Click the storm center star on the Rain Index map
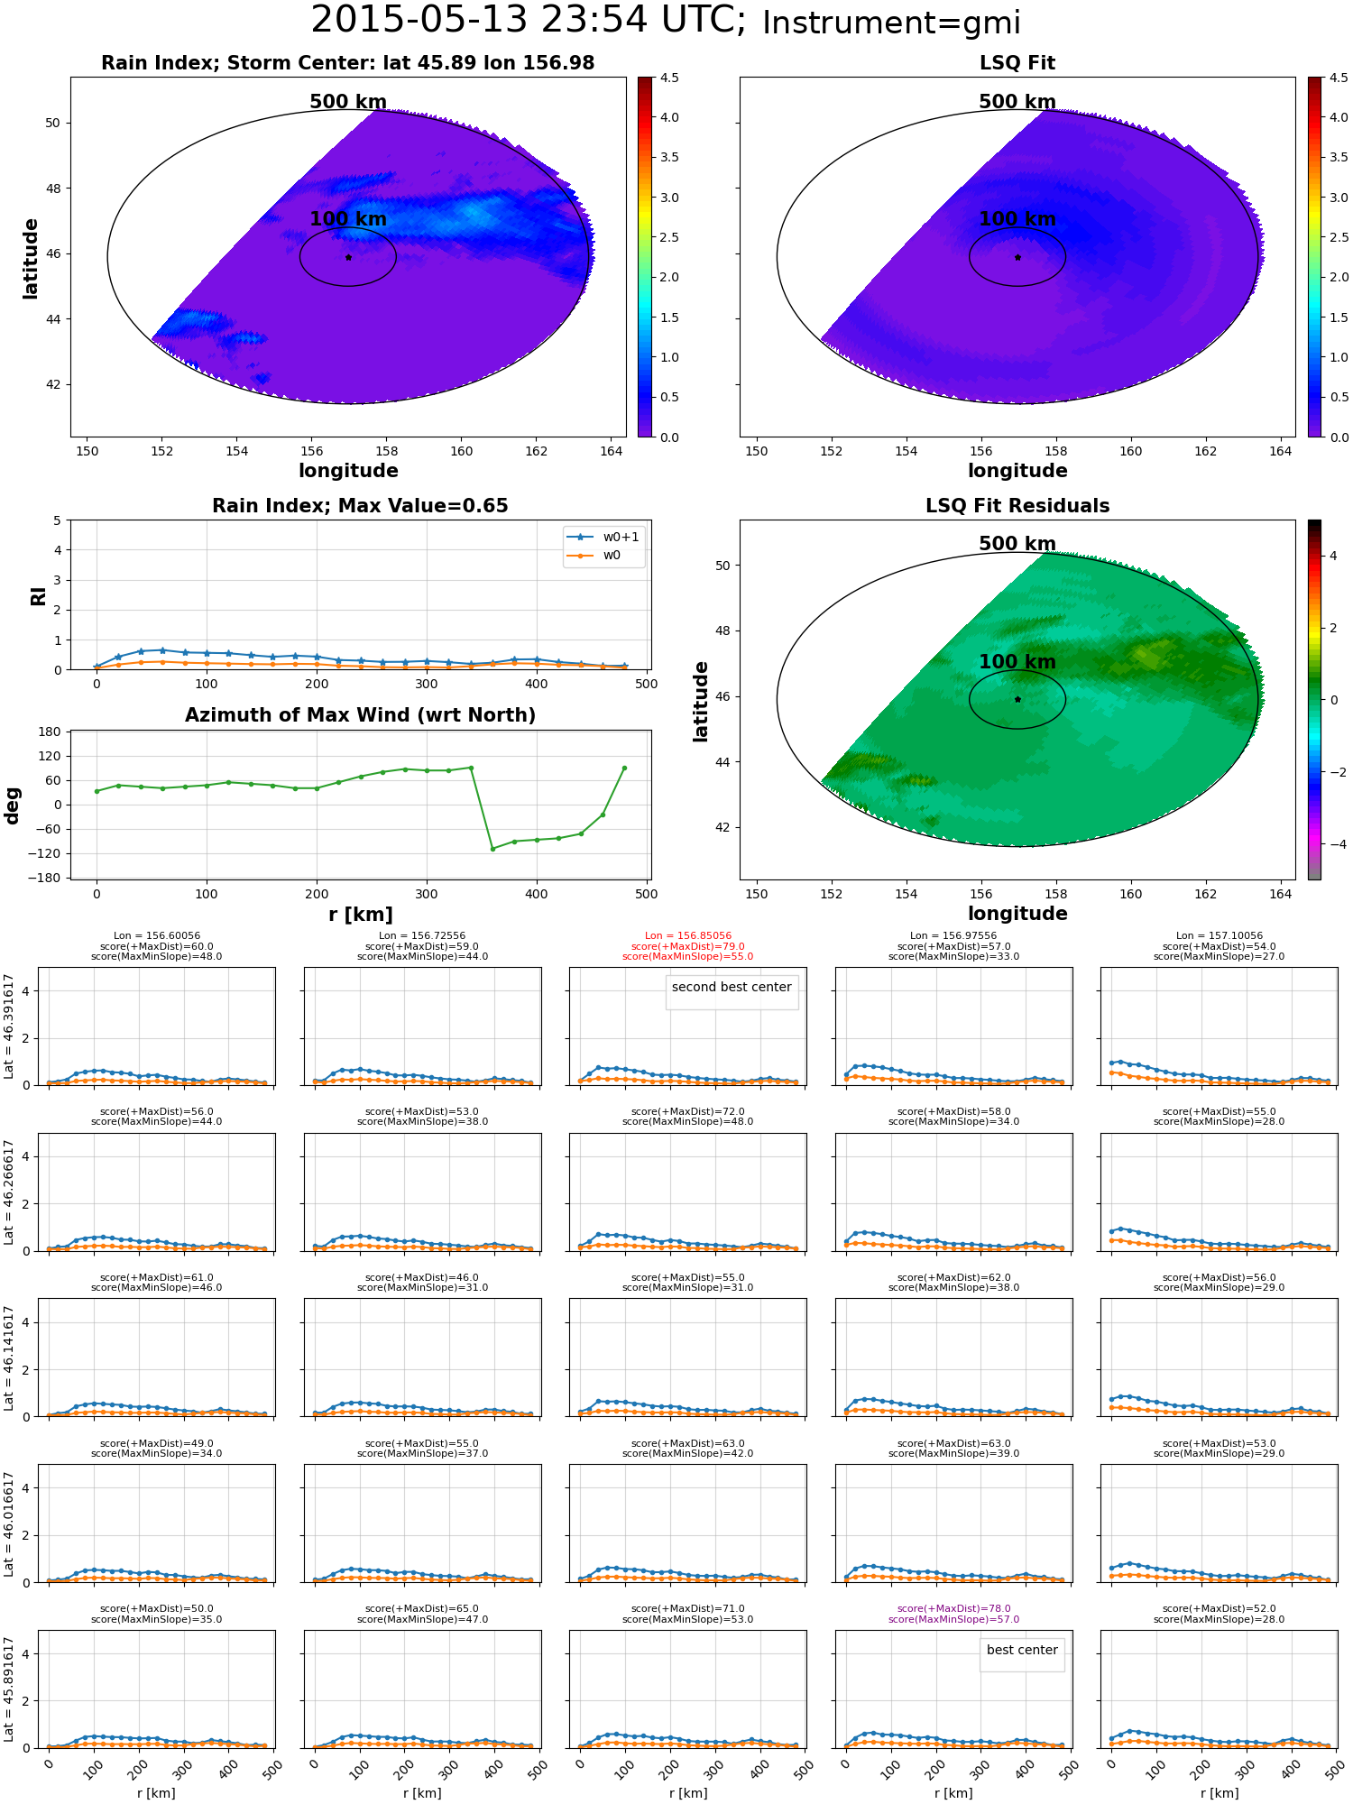pyautogui.click(x=348, y=257)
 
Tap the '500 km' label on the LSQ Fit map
pyautogui.click(x=1017, y=102)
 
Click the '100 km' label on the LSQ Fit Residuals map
pyautogui.click(x=1017, y=662)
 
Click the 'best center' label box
pyautogui.click(x=1022, y=1650)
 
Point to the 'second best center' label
pyautogui.click(x=732, y=987)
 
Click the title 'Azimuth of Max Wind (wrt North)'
pyautogui.click(x=360, y=715)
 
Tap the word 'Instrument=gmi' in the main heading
pyautogui.click(x=891, y=23)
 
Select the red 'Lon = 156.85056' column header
pyautogui.click(x=688, y=936)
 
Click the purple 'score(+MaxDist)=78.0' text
pyautogui.click(x=953, y=1609)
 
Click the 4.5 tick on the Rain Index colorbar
pyautogui.click(x=669, y=78)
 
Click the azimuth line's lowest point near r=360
pyautogui.click(x=492, y=849)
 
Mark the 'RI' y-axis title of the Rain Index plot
pyautogui.click(x=38, y=595)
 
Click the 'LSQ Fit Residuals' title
pyautogui.click(x=1017, y=506)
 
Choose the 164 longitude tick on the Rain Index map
pyautogui.click(x=612, y=451)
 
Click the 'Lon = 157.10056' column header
pyautogui.click(x=1220, y=936)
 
